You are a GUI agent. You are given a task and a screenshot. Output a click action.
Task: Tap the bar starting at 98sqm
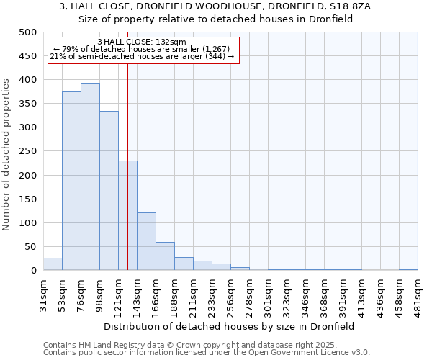click(109, 191)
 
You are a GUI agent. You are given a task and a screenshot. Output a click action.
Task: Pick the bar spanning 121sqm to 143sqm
click(127, 215)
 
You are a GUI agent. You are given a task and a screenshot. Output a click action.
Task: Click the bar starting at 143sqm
click(146, 241)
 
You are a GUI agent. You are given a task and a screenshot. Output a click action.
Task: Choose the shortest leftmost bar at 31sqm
click(53, 264)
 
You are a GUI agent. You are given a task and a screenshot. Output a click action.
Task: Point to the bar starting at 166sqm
click(165, 256)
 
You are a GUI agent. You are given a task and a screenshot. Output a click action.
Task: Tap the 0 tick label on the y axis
click(33, 271)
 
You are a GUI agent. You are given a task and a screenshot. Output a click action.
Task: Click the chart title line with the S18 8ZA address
click(215, 6)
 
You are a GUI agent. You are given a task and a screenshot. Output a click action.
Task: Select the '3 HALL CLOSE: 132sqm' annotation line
click(141, 42)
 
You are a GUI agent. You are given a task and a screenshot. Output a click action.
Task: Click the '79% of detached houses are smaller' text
click(141, 49)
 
